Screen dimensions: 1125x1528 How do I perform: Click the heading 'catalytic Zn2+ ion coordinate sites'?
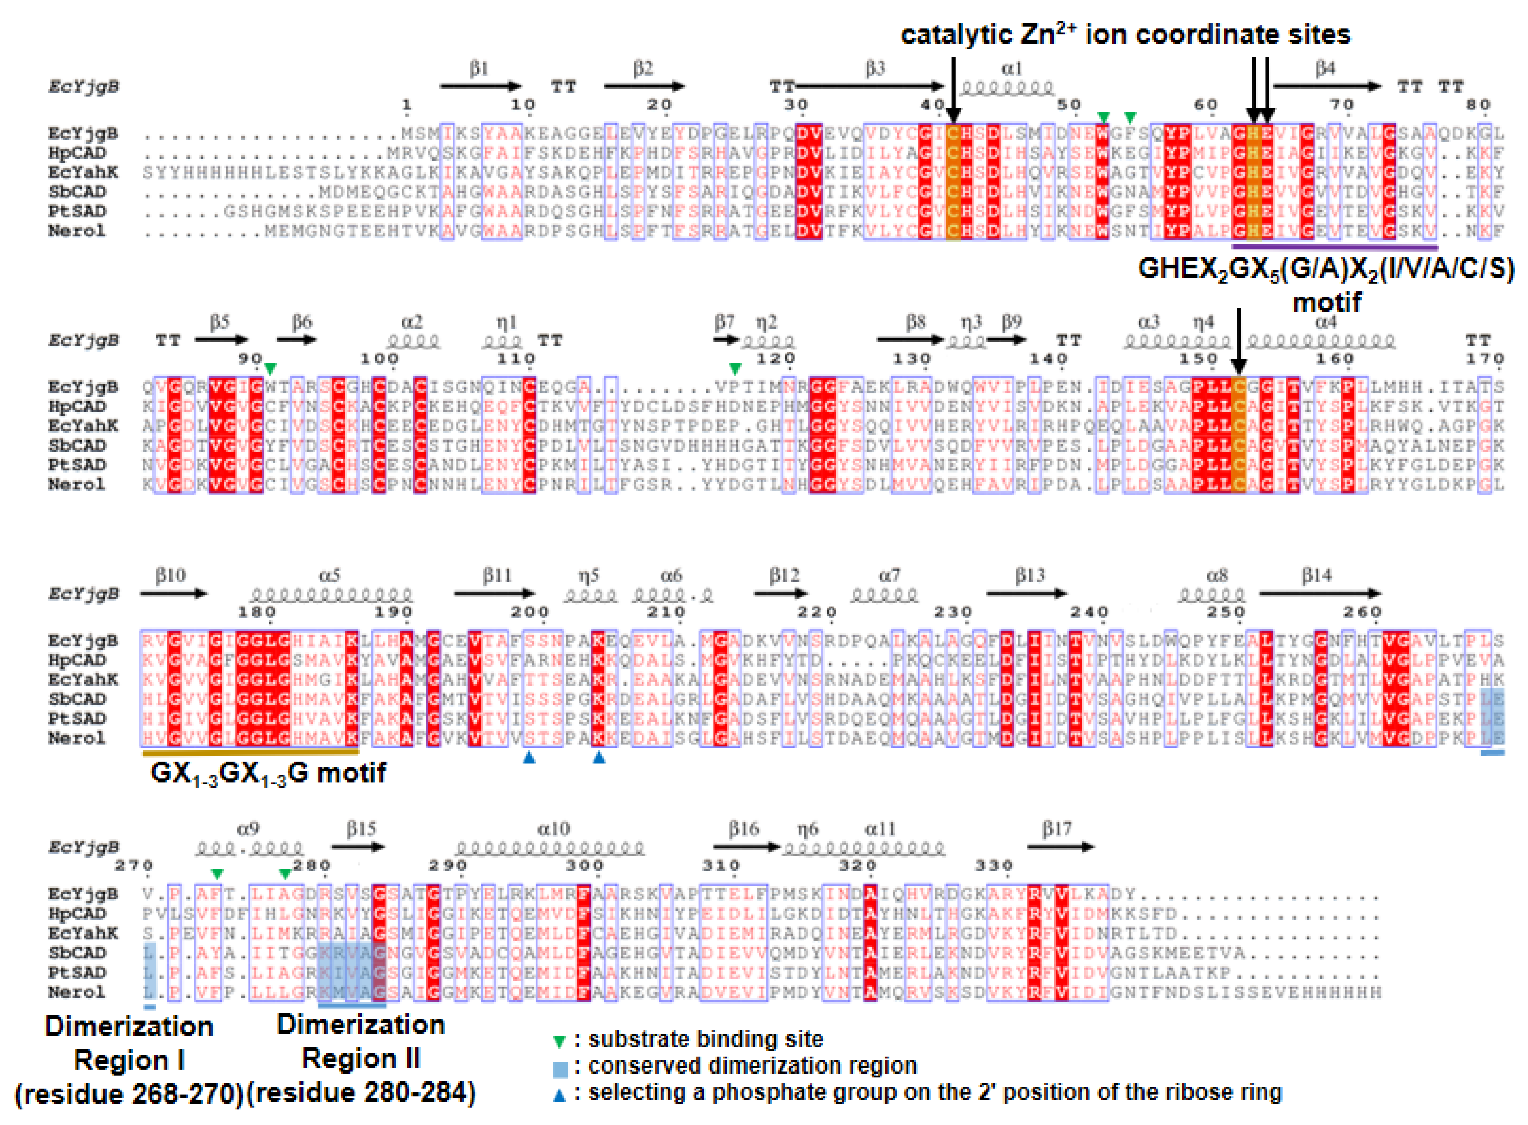(1125, 34)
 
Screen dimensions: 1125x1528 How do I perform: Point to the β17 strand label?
(1056, 829)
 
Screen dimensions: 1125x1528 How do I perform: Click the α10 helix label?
(553, 829)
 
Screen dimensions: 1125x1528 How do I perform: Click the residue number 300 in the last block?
(584, 866)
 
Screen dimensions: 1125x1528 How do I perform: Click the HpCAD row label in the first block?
(76, 153)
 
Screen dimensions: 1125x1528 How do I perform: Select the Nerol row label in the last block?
(76, 992)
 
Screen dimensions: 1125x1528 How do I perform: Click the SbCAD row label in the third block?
(76, 699)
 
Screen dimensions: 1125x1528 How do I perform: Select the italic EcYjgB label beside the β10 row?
(83, 594)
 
